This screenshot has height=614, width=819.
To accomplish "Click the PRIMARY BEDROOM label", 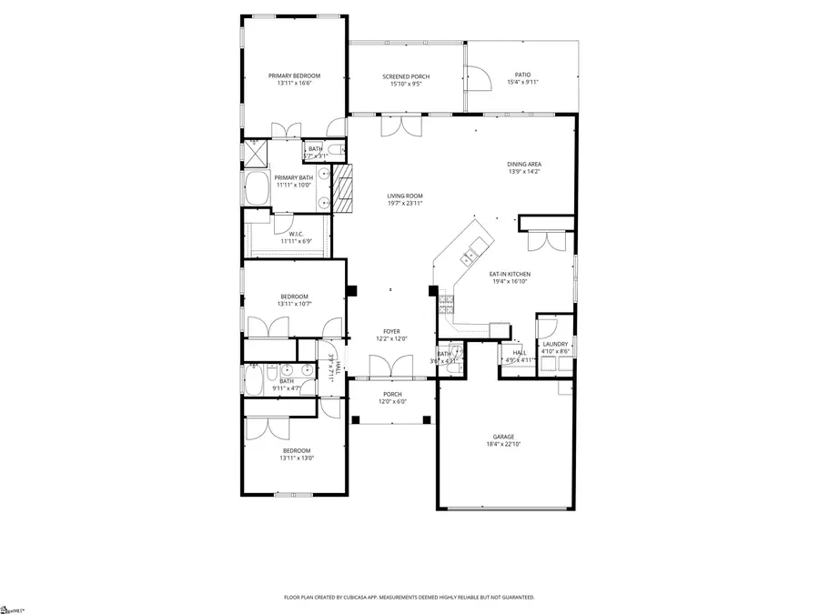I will (x=294, y=75).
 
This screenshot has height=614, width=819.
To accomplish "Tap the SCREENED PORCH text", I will (x=405, y=76).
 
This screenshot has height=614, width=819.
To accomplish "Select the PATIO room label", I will (x=522, y=75).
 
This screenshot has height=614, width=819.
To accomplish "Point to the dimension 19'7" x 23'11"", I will (x=405, y=203).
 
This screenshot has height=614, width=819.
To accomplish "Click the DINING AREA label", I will (x=524, y=164).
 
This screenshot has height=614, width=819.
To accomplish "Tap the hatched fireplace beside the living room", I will (x=343, y=188).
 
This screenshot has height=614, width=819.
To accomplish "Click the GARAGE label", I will (x=504, y=437).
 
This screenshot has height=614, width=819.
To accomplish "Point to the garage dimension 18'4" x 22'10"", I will (x=504, y=445).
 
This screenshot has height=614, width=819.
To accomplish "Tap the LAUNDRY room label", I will (x=555, y=344).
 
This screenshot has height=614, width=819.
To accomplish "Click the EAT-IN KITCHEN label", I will (x=510, y=274).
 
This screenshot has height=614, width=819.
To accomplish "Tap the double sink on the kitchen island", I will (x=470, y=256).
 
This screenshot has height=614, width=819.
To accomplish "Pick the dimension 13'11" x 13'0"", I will (x=297, y=458).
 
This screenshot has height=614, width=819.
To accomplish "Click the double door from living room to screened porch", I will (x=400, y=125).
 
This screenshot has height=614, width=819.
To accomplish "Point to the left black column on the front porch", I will (x=357, y=419).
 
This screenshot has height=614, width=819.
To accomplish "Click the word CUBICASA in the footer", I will (x=373, y=598).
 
